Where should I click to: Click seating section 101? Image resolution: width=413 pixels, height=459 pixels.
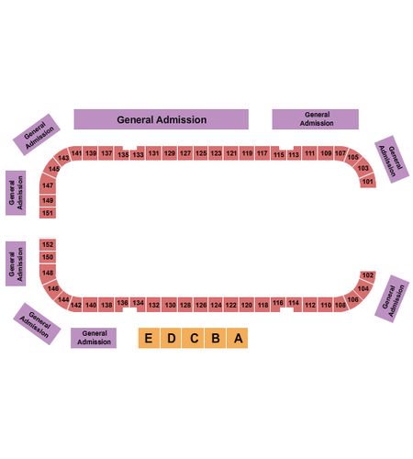[367, 182]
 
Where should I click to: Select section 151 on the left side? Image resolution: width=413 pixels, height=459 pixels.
[48, 213]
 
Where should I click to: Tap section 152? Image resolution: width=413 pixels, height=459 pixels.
[48, 244]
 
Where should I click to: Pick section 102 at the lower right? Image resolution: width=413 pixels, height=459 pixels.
[367, 275]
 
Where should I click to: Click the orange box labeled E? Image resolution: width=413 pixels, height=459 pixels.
[149, 338]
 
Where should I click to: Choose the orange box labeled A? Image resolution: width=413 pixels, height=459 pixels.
[238, 338]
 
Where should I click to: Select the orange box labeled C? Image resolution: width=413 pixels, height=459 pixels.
[193, 338]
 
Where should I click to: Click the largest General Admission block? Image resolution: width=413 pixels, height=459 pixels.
[162, 119]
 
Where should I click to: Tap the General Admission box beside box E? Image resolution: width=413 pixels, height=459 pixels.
[94, 338]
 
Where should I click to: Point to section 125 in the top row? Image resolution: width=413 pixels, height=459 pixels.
[201, 153]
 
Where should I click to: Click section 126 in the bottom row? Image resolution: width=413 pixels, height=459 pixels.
[201, 305]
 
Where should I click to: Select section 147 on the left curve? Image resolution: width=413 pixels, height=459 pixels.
[48, 185]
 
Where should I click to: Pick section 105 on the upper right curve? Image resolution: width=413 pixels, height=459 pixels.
[353, 157]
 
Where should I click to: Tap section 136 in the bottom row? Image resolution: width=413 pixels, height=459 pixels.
[122, 303]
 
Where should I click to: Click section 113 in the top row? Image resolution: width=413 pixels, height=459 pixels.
[294, 155]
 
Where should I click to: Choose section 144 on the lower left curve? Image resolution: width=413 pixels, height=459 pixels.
[63, 299]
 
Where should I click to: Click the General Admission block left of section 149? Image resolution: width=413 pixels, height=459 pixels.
[16, 193]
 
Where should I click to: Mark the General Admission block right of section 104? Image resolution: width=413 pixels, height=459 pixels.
[392, 298]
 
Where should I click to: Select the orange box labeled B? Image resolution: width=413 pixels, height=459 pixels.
[216, 338]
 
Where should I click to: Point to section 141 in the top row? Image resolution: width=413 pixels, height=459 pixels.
[76, 153]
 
